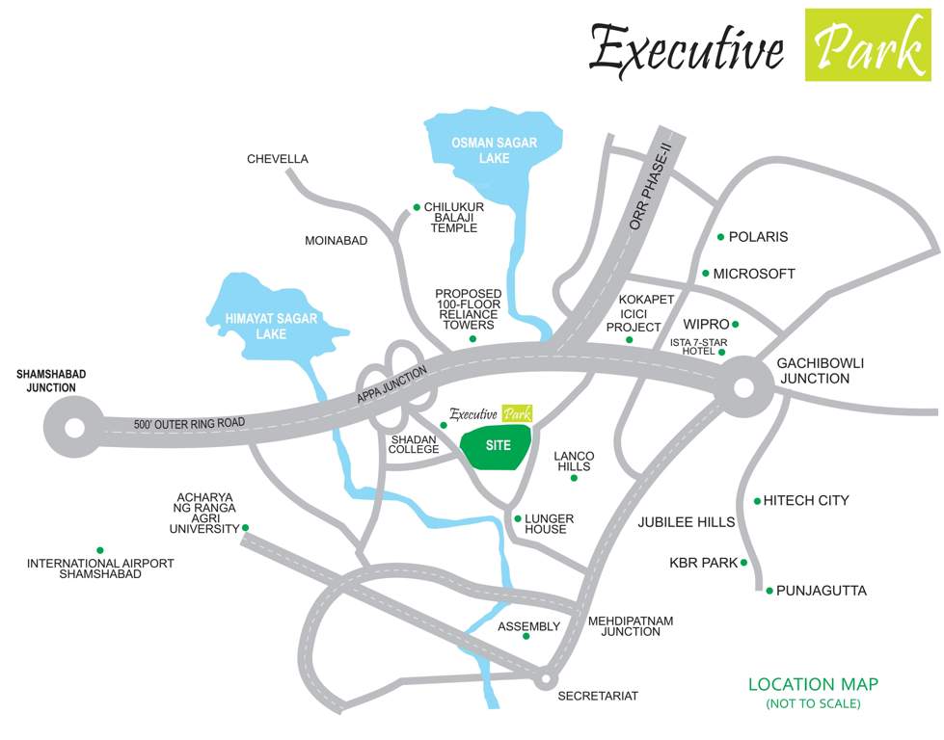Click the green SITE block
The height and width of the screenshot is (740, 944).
coord(498,446)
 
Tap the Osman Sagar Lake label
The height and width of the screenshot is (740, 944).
coord(494,149)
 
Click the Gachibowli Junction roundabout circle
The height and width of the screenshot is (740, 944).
coord(744,388)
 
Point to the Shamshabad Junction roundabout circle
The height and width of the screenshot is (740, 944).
coord(73,427)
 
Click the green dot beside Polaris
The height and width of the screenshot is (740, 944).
coord(720,237)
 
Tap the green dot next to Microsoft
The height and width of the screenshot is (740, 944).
coord(706,274)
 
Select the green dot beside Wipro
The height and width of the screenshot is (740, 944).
coord(736,325)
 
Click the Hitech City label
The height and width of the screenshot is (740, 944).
coord(806,500)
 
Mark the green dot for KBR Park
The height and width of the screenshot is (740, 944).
coord(744,563)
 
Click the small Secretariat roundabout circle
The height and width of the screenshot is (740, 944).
coord(546,679)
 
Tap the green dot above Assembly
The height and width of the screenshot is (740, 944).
coord(526,636)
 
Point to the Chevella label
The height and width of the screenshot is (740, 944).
coord(278,159)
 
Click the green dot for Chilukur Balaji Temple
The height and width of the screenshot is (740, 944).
coord(417,207)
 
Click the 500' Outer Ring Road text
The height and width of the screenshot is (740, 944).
coord(191,423)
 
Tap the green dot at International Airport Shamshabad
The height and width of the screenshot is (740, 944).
coord(99,550)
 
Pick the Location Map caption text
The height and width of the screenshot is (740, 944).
coord(813,684)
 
